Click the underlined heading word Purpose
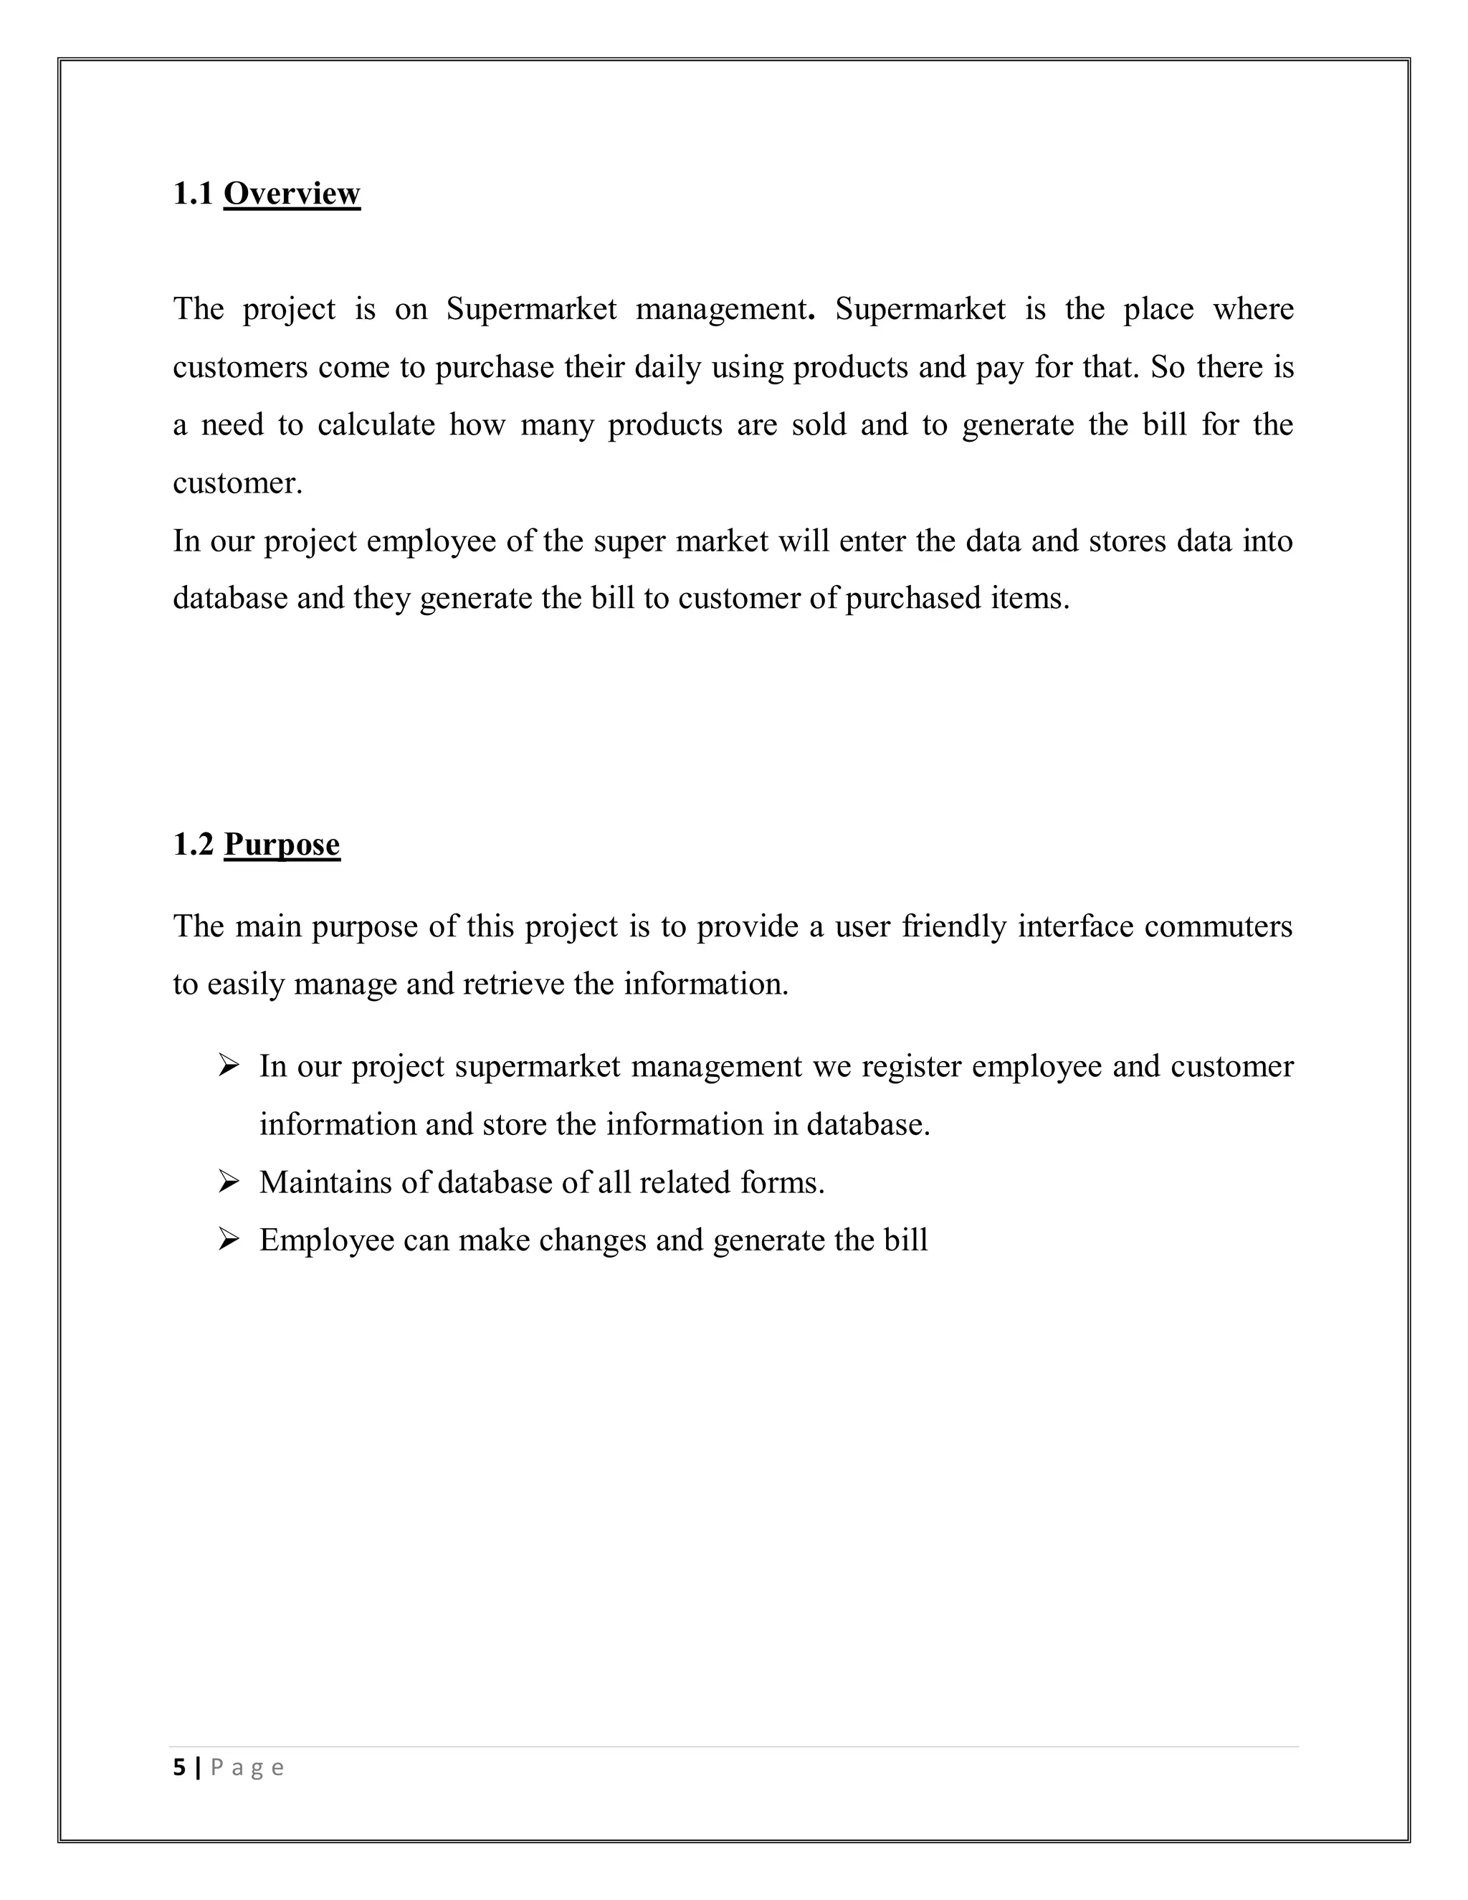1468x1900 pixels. (x=282, y=844)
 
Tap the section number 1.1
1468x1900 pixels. (x=192, y=193)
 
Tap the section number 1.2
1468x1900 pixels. (x=192, y=844)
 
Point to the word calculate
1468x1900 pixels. (x=376, y=424)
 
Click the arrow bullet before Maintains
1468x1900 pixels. (x=229, y=1182)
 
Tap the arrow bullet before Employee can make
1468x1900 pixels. (x=229, y=1239)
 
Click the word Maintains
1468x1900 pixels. (x=325, y=1182)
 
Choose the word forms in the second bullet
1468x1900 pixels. (x=782, y=1182)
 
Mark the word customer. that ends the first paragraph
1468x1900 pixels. (x=237, y=483)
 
